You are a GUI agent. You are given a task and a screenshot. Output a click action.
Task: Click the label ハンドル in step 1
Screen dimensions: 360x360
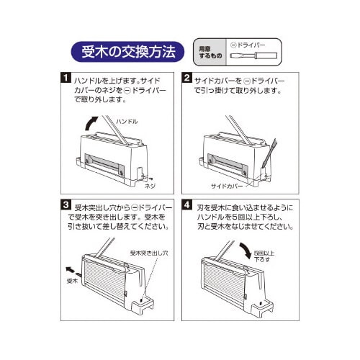tap(127, 122)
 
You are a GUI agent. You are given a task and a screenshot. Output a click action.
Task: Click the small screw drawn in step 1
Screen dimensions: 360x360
tap(144, 175)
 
